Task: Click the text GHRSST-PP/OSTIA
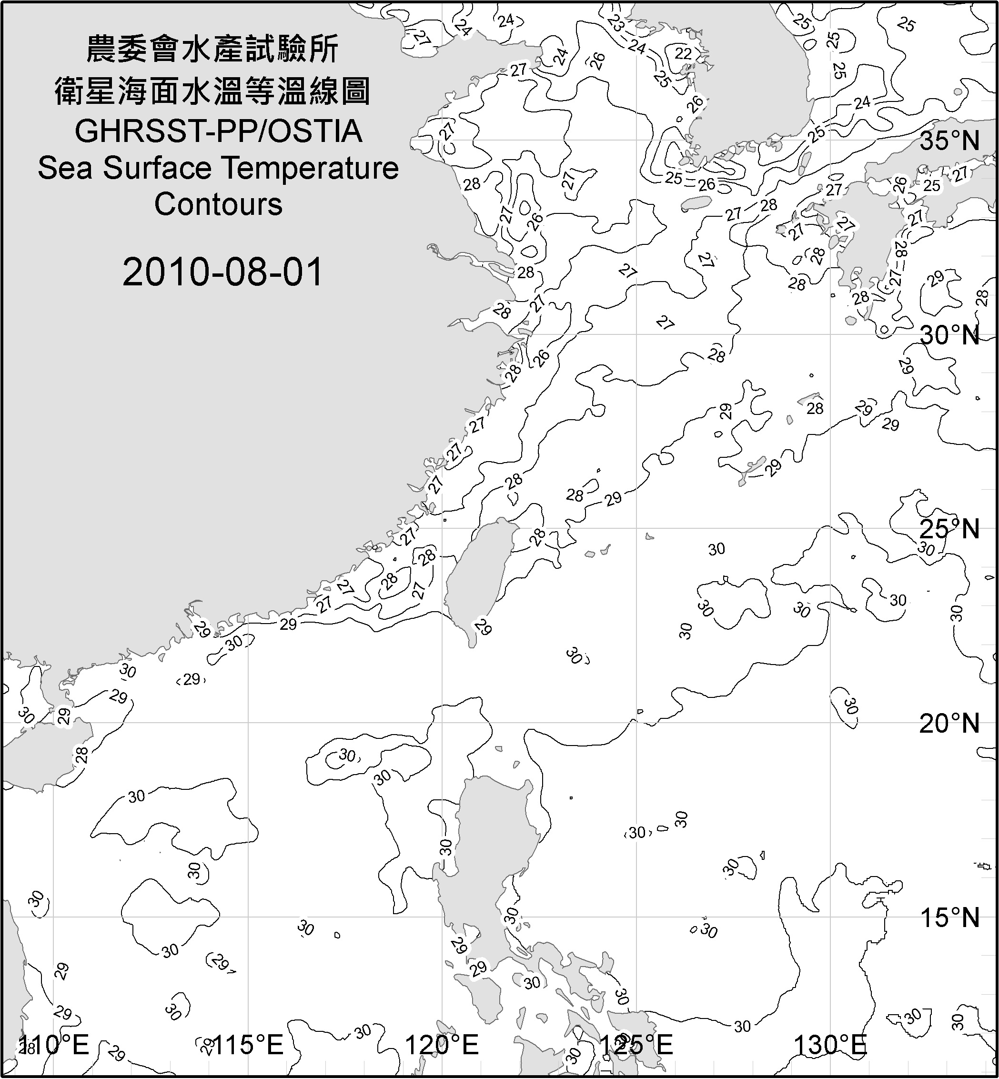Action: (218, 132)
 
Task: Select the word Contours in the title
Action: (218, 204)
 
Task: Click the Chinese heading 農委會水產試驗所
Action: (212, 49)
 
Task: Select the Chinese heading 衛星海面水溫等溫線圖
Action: (212, 91)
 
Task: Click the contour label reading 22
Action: (683, 53)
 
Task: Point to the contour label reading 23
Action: (615, 23)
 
